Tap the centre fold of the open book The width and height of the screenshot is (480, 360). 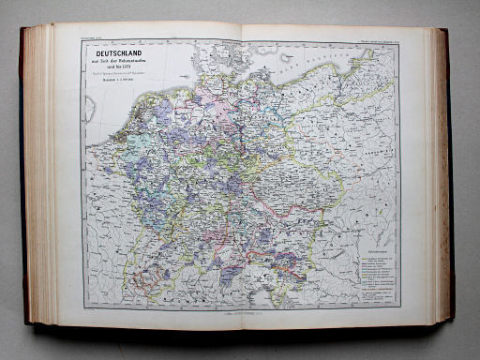(x=241, y=178)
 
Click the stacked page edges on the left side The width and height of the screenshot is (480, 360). (x=39, y=178)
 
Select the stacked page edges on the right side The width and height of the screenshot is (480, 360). (x=437, y=178)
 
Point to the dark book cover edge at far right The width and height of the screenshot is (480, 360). (x=451, y=178)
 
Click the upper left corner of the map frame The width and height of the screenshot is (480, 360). (x=83, y=43)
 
